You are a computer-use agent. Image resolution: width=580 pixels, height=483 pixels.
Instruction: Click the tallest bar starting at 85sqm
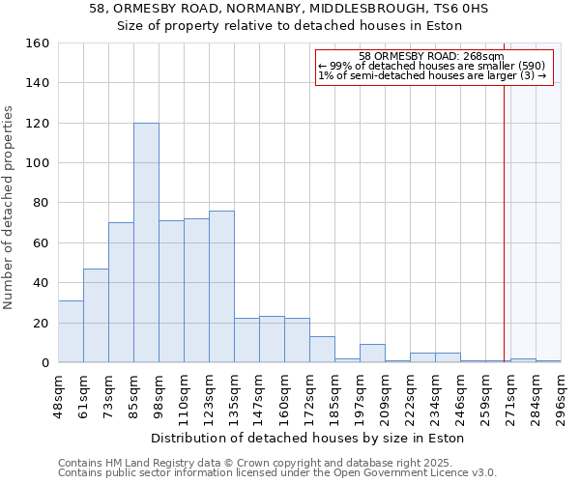point(146,242)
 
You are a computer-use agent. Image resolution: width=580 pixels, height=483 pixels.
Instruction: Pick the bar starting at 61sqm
point(96,316)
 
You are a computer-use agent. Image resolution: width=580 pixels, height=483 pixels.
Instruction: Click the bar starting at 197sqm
point(372,354)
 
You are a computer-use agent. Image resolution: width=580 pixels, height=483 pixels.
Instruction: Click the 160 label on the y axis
point(38,43)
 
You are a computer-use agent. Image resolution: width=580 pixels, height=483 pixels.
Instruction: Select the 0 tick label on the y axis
point(44,363)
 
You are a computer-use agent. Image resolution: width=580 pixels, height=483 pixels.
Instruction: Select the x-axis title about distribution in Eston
point(307,438)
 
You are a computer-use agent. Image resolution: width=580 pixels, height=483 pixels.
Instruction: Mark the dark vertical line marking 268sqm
point(504,222)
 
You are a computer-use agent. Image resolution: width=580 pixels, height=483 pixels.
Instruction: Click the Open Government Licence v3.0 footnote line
point(277,472)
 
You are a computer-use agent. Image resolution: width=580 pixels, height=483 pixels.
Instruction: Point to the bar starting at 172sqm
point(322,350)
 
